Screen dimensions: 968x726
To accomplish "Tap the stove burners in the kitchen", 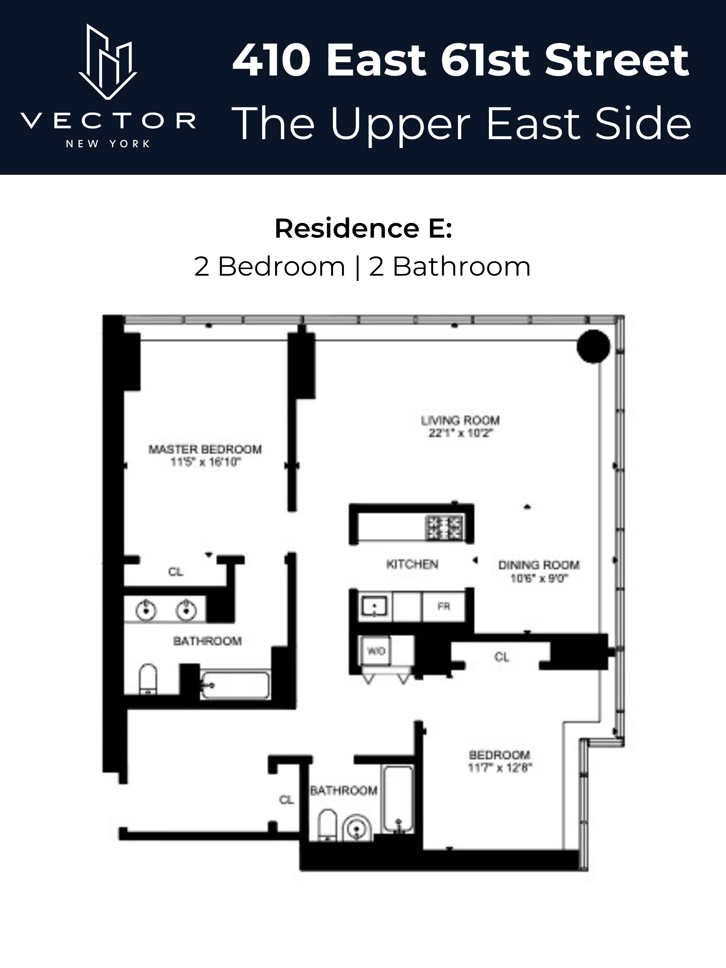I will pyautogui.click(x=443, y=528).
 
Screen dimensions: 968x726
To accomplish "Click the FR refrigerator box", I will pyautogui.click(x=443, y=606).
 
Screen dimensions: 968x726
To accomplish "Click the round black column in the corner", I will pyautogui.click(x=593, y=346).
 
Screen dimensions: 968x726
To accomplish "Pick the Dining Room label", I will pyautogui.click(x=539, y=565).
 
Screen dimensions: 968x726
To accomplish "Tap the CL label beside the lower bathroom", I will pyautogui.click(x=286, y=800).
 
